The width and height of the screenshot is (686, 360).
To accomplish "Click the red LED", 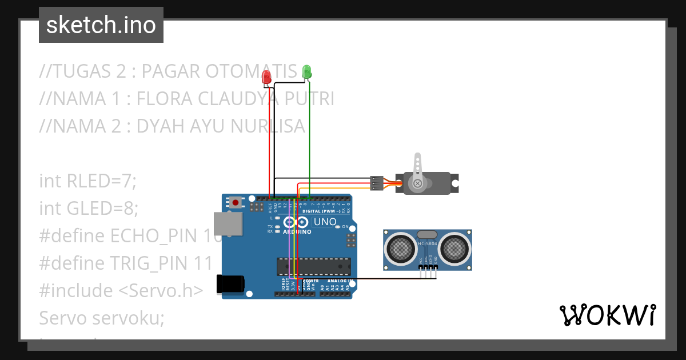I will point(266,77).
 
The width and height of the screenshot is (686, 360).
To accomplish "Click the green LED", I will point(306,71).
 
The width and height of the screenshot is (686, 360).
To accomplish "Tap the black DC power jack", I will point(230,284).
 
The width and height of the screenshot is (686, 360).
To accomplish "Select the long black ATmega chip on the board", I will point(314,266).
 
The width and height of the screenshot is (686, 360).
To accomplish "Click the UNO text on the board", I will point(325,222).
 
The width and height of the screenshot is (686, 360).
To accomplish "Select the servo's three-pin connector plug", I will point(377,183).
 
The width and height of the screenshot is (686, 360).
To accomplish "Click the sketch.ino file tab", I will point(101,25).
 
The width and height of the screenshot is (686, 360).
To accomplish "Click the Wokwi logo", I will point(607,315).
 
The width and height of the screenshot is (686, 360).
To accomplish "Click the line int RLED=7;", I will point(88,181).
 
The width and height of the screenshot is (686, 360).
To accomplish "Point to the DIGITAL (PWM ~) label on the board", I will point(320,211).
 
